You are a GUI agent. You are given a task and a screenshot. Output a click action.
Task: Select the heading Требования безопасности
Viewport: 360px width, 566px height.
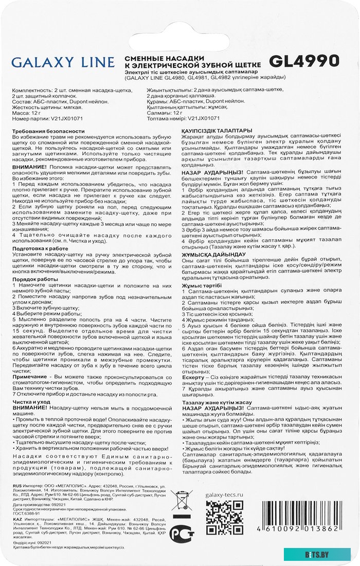(46, 132)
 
